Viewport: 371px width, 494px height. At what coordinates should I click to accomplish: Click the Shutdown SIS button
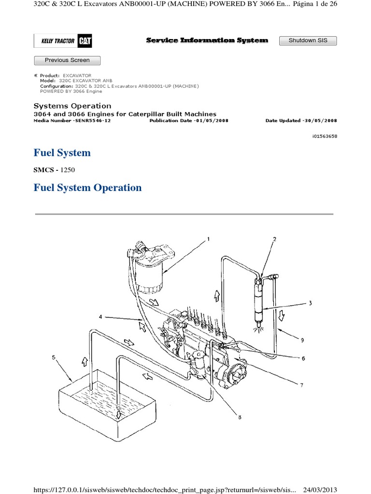click(308, 41)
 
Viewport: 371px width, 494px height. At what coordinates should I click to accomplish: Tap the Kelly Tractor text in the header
click(57, 41)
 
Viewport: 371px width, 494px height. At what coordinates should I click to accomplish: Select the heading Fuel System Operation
click(87, 188)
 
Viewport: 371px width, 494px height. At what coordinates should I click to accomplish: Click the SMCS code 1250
click(67, 170)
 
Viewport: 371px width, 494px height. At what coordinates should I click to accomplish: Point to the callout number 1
click(209, 238)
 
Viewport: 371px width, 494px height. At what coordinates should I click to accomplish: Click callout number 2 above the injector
click(274, 239)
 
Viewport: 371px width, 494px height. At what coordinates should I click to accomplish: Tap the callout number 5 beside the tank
click(54, 358)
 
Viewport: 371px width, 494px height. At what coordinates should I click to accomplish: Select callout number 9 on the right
click(302, 340)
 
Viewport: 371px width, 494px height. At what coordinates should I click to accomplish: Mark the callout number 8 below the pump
click(240, 418)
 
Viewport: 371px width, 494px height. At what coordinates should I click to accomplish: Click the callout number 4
click(100, 317)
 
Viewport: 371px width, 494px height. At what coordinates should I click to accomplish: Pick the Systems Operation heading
click(72, 106)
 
